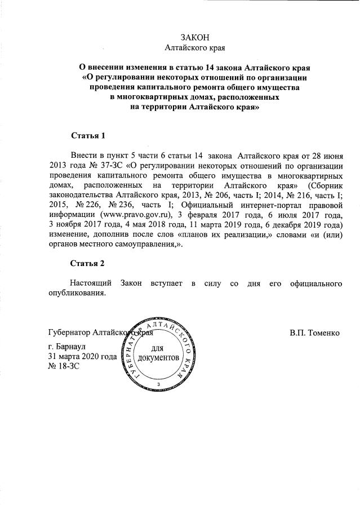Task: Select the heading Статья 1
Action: (88, 136)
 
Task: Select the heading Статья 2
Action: (88, 263)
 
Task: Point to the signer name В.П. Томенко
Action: (315, 332)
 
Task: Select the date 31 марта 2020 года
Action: (83, 356)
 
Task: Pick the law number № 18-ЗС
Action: (64, 366)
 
